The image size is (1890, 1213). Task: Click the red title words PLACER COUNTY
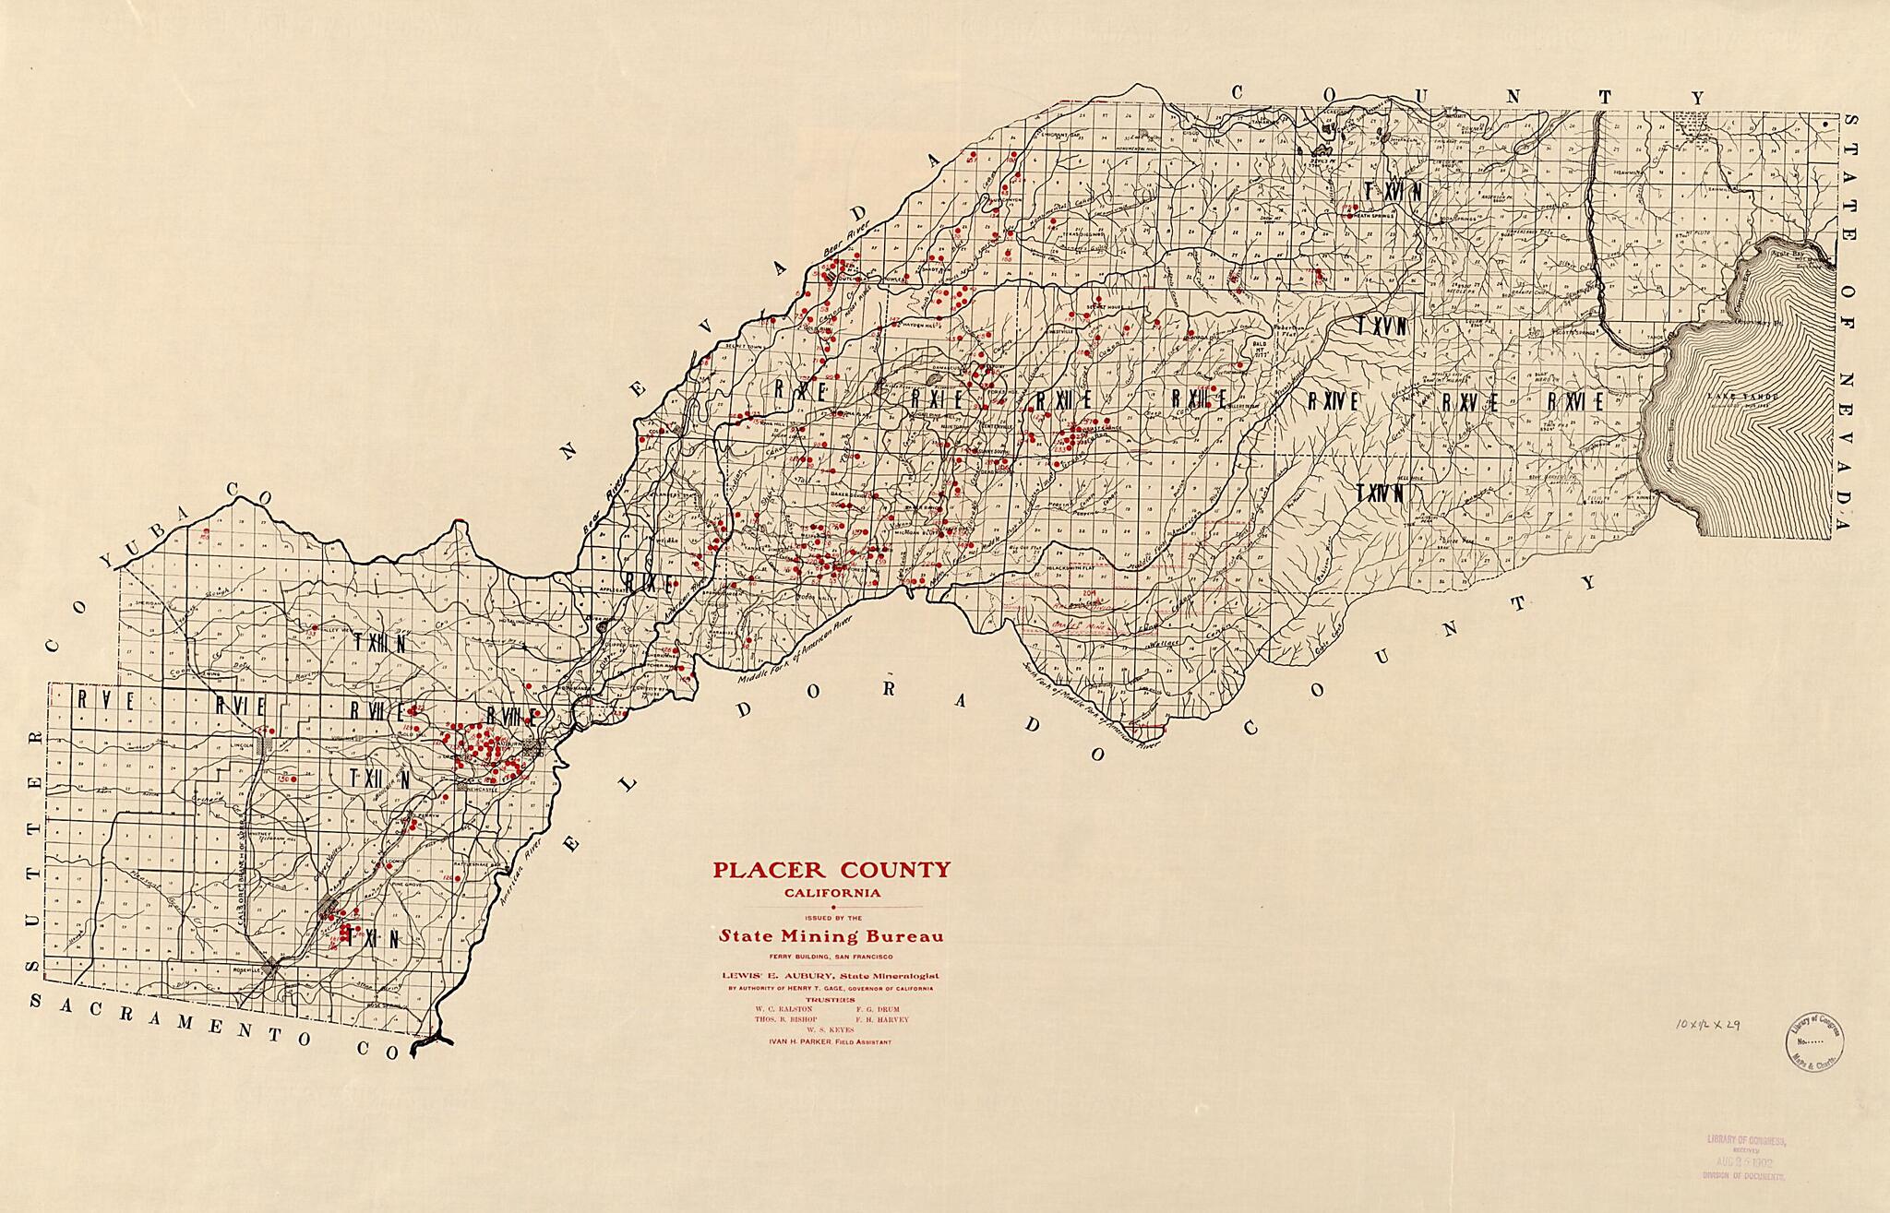(830, 870)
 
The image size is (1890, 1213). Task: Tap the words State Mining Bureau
(831, 936)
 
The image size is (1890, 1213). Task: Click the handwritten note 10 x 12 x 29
(1708, 1025)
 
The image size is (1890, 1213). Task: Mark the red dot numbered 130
(281, 779)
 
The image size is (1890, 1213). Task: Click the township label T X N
(377, 939)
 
